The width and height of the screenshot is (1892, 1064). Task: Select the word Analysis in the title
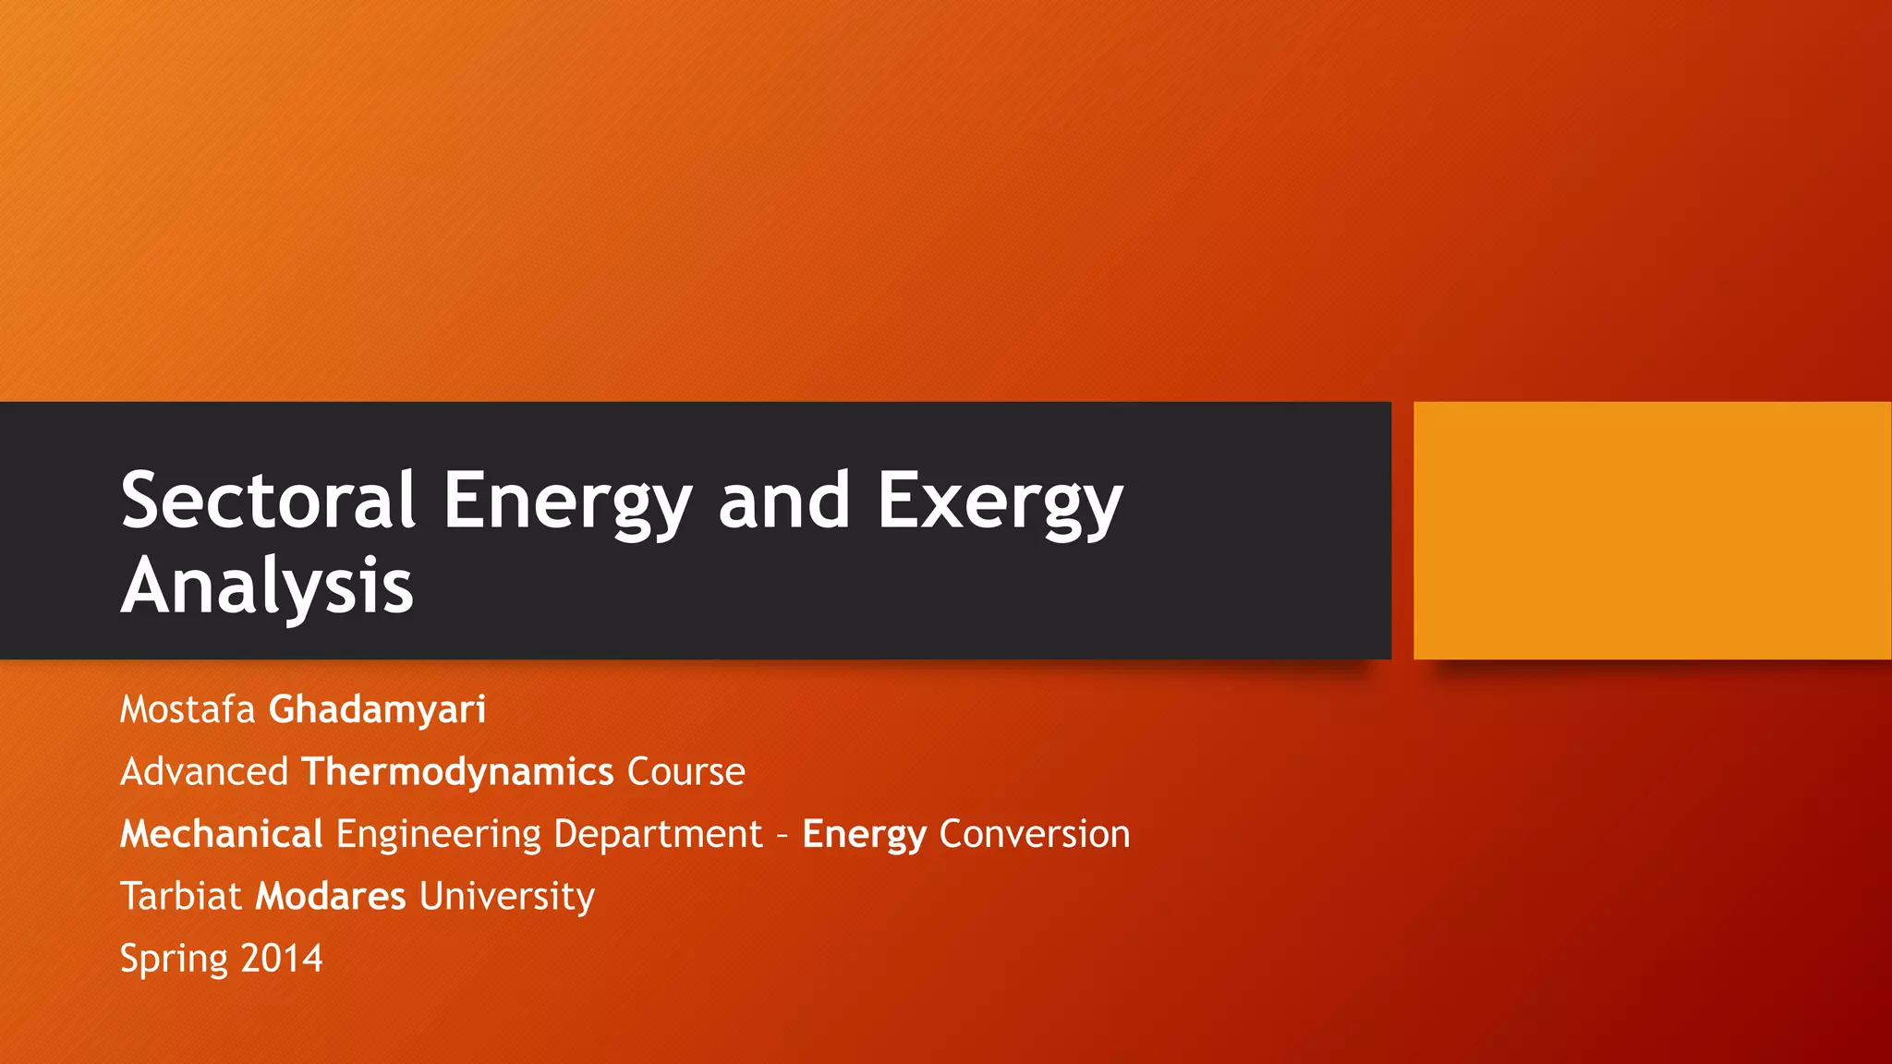click(x=267, y=586)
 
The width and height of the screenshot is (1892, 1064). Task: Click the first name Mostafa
click(x=188, y=709)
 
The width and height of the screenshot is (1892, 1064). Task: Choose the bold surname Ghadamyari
click(x=377, y=709)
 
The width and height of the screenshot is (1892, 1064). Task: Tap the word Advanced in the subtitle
click(x=204, y=771)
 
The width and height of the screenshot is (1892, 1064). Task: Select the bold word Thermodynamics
click(x=457, y=771)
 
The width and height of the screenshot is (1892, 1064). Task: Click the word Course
click(x=685, y=771)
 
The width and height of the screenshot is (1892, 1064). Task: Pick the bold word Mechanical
click(x=222, y=833)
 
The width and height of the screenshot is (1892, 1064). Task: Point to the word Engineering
click(x=439, y=833)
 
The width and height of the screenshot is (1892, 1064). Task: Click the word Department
click(x=658, y=833)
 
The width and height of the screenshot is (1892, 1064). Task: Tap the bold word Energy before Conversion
click(x=864, y=833)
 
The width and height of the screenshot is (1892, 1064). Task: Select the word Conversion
click(x=1035, y=833)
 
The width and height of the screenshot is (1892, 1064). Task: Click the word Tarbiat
click(x=181, y=896)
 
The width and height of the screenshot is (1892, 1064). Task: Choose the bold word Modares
click(x=331, y=896)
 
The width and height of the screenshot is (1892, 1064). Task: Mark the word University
click(x=507, y=896)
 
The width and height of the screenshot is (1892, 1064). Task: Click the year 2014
click(x=282, y=958)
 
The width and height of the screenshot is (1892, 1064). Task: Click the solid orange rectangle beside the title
click(x=1652, y=530)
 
